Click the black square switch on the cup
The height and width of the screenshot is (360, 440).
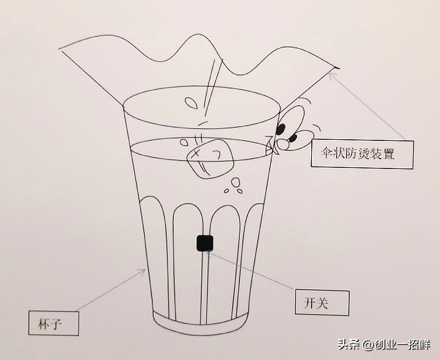click(x=205, y=242)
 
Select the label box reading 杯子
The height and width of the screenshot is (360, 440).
click(x=54, y=323)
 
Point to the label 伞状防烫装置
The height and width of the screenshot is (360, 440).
click(x=361, y=154)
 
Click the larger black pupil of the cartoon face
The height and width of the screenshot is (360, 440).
click(x=281, y=129)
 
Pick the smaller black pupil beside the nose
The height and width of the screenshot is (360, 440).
click(x=293, y=138)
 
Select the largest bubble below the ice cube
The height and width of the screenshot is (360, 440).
click(x=235, y=182)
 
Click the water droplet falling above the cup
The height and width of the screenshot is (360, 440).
click(x=191, y=103)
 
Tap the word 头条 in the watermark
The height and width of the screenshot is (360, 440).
click(x=348, y=345)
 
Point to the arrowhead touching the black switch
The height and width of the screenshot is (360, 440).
click(x=209, y=253)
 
